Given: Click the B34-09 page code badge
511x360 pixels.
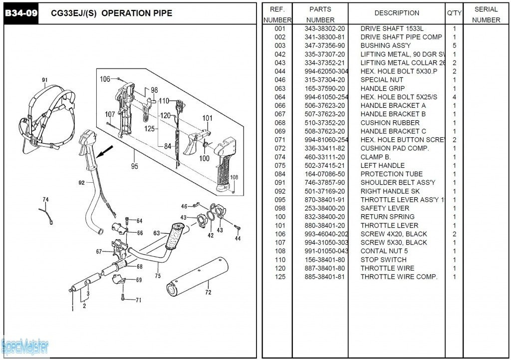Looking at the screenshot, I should [21, 13].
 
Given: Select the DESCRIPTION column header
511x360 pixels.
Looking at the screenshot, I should [397, 13].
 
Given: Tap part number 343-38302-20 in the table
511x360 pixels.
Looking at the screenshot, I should [324, 28].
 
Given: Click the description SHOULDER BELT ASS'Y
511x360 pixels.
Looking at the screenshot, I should [398, 183].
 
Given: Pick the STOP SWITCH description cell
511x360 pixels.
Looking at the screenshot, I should [383, 260].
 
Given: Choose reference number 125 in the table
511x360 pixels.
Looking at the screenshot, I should [280, 277].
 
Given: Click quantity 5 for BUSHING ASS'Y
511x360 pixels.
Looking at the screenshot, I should [454, 45].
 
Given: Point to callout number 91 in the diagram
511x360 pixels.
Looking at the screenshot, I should [45, 80].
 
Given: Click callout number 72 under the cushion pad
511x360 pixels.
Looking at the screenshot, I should [208, 292].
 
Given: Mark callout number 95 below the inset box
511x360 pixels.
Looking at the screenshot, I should [134, 166].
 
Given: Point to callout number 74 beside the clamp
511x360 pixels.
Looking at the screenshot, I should [46, 200].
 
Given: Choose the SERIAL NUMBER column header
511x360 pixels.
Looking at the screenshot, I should [486, 14].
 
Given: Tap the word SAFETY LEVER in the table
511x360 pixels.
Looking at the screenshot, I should [385, 208].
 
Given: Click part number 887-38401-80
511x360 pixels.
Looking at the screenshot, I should [324, 268].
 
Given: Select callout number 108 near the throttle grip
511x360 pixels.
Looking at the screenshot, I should [234, 177].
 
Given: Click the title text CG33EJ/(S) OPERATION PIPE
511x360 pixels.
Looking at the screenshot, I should [111, 13].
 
